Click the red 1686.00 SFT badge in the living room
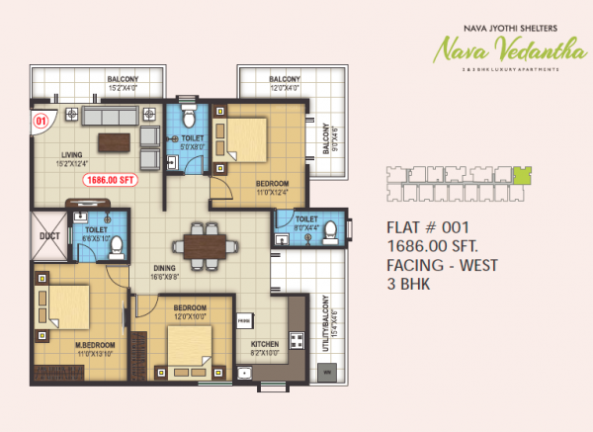pyautogui.click(x=110, y=180)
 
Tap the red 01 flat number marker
pyautogui.click(x=42, y=121)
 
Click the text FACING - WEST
pyautogui.click(x=444, y=264)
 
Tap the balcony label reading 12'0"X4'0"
pyautogui.click(x=285, y=83)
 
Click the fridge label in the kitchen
pyautogui.click(x=243, y=320)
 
